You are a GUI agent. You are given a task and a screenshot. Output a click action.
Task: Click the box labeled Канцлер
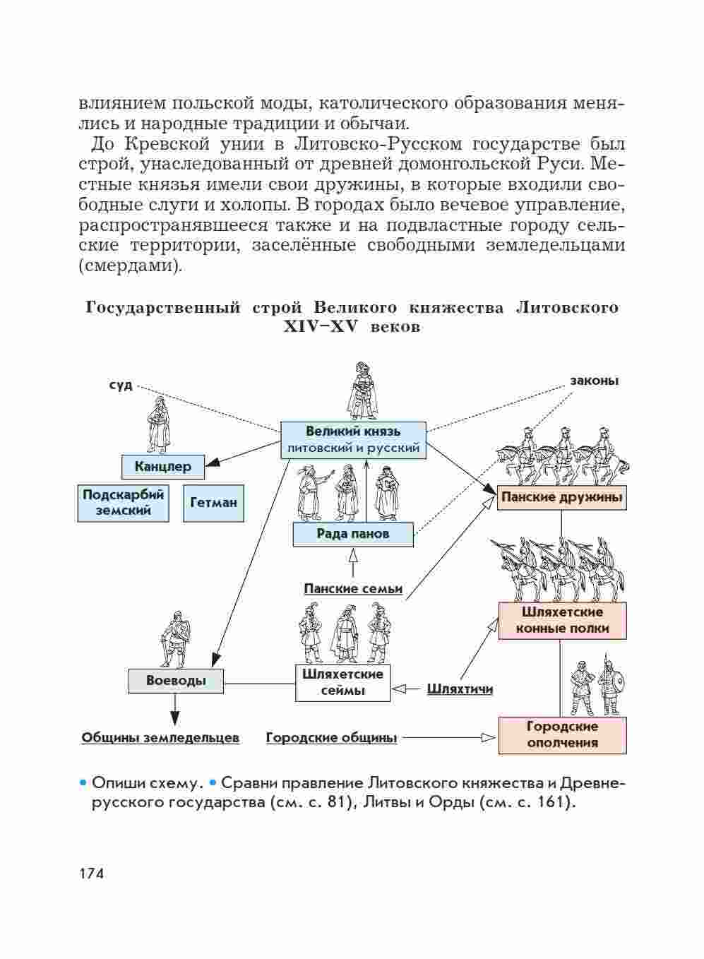coord(162,466)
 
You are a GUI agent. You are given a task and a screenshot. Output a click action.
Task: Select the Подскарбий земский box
coord(124,503)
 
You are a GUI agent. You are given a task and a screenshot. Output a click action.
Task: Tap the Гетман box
coord(213,503)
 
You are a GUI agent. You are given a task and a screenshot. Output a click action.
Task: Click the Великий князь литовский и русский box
coord(353,439)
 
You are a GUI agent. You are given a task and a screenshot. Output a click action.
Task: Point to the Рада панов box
coord(353,534)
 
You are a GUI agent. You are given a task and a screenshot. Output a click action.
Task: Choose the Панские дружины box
coord(561,497)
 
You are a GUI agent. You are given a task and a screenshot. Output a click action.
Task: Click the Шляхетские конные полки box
coord(562,620)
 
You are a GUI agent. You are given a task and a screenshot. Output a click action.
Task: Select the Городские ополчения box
coord(562,734)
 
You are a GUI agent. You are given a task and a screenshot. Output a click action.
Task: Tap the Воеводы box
coord(176,681)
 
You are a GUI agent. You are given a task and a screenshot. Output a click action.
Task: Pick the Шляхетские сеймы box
coord(342,682)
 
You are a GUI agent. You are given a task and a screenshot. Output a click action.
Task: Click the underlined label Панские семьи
coord(353,589)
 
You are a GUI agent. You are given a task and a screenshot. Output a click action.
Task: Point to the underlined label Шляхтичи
coord(460,689)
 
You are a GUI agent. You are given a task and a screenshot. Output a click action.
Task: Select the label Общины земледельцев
coord(160,738)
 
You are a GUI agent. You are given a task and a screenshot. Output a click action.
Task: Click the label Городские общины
coord(331,738)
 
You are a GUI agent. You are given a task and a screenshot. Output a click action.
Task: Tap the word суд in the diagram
coord(121,386)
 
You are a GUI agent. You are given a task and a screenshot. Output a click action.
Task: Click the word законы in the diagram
coord(594,381)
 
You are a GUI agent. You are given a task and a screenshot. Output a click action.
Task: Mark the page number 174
coord(92,874)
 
